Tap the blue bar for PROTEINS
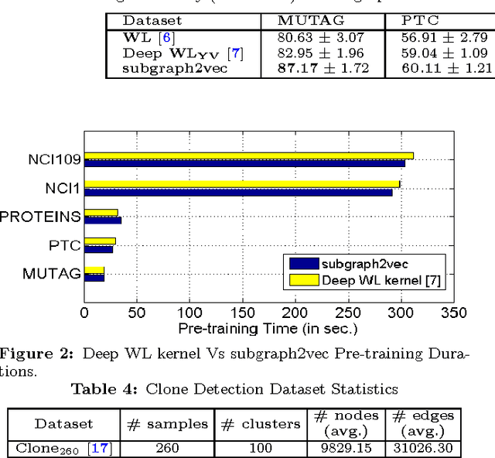point(103,220)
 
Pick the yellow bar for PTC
point(100,241)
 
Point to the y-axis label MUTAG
point(52,273)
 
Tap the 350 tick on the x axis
point(453,313)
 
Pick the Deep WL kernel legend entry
point(381,280)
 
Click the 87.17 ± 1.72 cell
point(323,68)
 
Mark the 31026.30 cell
point(422,447)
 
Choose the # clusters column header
point(260,424)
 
